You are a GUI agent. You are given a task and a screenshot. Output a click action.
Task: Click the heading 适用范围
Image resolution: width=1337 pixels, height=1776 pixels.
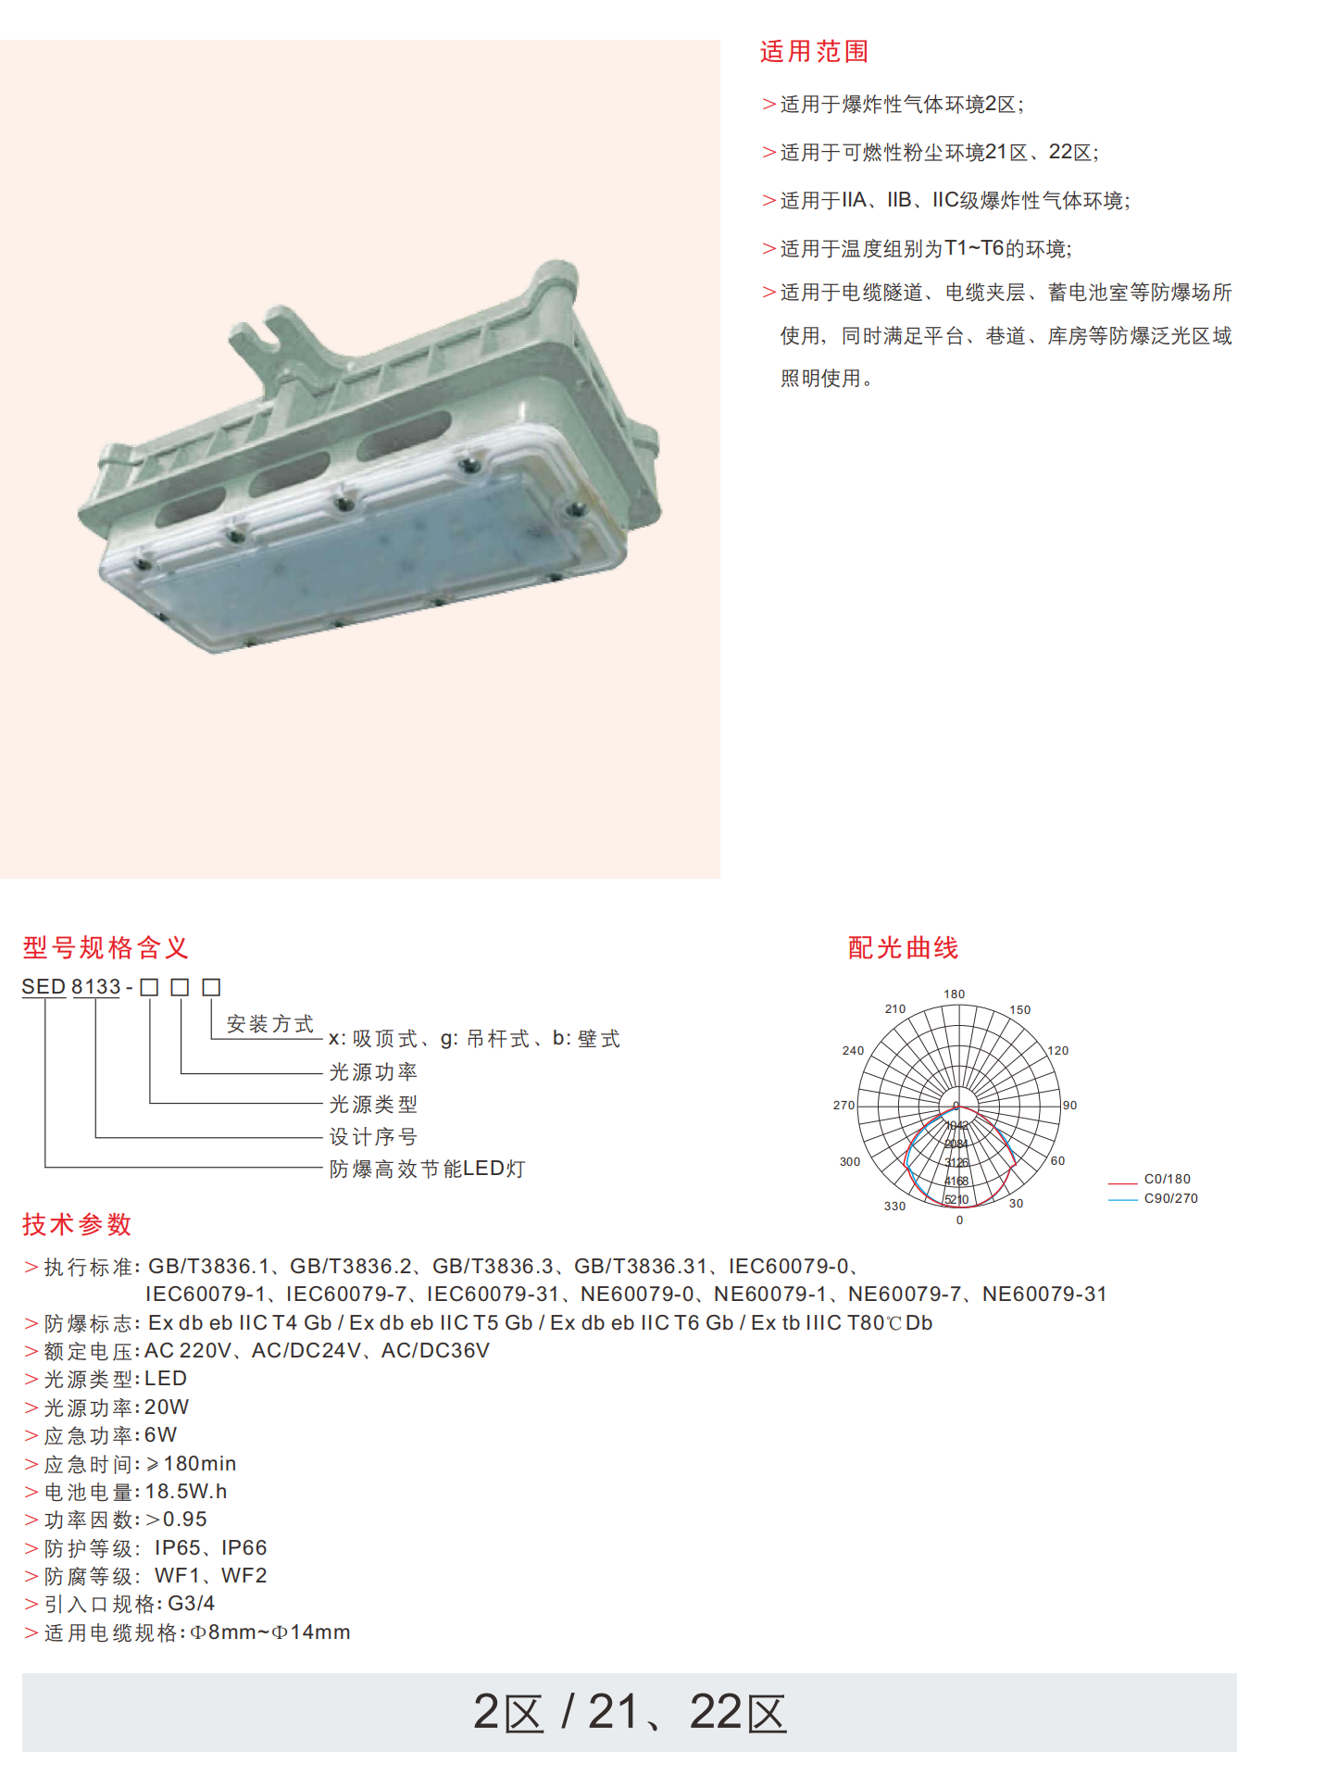point(814,52)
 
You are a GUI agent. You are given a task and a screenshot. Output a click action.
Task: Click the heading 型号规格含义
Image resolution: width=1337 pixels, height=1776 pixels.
point(106,947)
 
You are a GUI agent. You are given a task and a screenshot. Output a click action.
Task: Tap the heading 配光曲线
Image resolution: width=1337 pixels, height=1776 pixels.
point(904,947)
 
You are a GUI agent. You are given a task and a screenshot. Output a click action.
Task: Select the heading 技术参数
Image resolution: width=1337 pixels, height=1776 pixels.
point(78,1224)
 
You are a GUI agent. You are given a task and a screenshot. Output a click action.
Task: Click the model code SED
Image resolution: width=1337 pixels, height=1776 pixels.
point(44,987)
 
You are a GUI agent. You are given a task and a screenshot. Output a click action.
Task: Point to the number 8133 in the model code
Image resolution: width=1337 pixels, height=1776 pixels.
point(96,987)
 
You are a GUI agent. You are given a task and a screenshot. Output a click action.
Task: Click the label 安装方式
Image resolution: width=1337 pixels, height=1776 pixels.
point(270,1024)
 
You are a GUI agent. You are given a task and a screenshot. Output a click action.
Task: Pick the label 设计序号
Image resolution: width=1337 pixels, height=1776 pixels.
point(373,1136)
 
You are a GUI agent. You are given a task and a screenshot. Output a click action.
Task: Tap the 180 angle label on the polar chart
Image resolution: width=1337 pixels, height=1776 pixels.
point(955,994)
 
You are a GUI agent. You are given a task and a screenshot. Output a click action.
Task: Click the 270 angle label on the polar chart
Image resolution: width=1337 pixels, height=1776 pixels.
point(843,1105)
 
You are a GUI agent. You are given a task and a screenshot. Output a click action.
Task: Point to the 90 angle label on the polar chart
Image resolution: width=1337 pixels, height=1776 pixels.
point(1069,1105)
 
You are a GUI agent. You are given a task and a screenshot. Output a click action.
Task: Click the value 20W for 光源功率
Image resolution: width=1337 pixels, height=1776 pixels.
point(167,1407)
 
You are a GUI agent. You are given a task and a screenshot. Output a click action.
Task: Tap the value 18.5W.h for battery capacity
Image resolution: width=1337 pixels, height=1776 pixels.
point(186,1491)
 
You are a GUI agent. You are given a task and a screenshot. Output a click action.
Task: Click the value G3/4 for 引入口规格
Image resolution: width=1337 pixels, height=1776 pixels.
point(192,1603)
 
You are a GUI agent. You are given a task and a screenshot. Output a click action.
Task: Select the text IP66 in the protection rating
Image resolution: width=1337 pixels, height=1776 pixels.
point(244,1547)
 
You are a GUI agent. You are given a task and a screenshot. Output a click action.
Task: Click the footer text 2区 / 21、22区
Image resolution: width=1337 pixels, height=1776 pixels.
point(630,1711)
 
